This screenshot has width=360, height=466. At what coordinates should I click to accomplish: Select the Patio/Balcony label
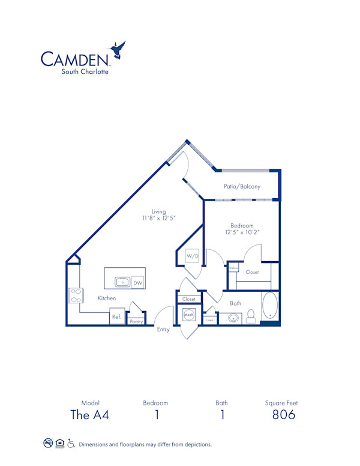click(242, 187)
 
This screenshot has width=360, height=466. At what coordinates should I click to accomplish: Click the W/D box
click(191, 256)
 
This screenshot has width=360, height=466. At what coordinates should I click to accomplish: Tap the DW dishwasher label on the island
click(137, 282)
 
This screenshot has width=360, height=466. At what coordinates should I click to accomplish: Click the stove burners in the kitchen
click(76, 295)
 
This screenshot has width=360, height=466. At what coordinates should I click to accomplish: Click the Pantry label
click(136, 322)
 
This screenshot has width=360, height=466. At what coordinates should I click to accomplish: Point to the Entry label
click(163, 329)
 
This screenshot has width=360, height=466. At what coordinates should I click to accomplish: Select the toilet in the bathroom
click(251, 316)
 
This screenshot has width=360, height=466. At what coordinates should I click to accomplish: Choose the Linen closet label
click(209, 321)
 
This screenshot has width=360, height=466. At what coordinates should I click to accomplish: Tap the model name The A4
click(90, 414)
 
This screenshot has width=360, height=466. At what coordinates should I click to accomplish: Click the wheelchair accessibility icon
click(71, 444)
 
